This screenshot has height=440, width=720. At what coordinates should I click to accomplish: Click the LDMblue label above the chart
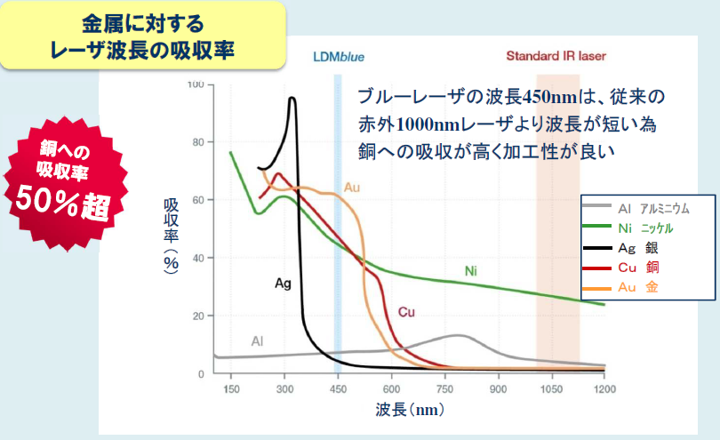pos(338,57)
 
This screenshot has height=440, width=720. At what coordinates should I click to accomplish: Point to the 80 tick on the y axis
pos(198,142)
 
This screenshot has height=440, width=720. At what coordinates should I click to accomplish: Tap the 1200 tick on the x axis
pos(604,389)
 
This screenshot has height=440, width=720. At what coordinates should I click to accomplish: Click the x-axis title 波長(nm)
pos(405,411)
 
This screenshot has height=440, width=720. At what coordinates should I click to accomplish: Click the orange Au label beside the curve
pos(352,188)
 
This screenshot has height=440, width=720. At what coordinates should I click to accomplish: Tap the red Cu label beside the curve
pos(406,312)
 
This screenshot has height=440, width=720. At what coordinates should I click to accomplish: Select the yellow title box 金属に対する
pos(143,36)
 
